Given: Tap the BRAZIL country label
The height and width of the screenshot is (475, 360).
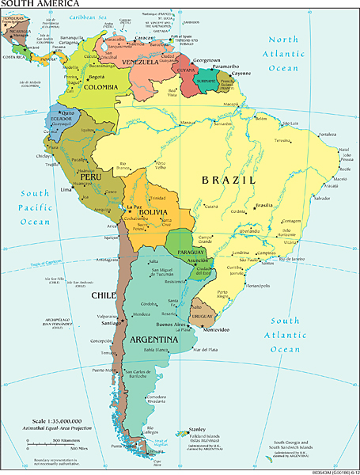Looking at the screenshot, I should (228, 180).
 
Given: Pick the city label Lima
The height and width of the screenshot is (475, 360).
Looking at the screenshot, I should (66, 190).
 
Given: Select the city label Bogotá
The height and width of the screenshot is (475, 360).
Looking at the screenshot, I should (97, 77).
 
